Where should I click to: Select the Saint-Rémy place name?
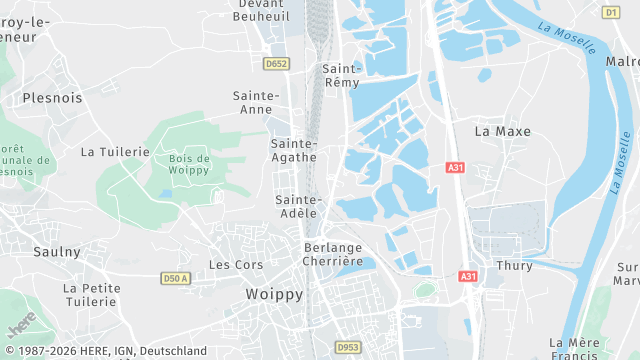pos(342,75)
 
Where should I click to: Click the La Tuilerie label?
pos(115,152)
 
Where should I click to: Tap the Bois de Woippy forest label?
pos(189,165)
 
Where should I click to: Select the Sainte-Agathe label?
pos(294,150)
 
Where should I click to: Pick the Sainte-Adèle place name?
pos(296,206)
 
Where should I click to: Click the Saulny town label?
pos(56,252)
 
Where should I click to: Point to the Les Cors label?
pos(236,265)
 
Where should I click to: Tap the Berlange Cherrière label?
pos(333,254)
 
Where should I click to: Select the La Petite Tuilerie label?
pos(92,295)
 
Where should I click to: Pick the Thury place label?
pos(514,266)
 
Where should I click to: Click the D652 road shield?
pos(276,63)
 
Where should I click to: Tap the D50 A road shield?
pos(175,278)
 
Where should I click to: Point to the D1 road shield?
pos(611,12)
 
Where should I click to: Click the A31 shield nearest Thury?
pos(468,275)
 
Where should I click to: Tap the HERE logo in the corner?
pos(22,325)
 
